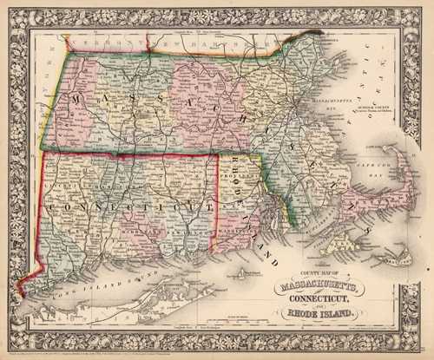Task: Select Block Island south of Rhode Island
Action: coord(246,281)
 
